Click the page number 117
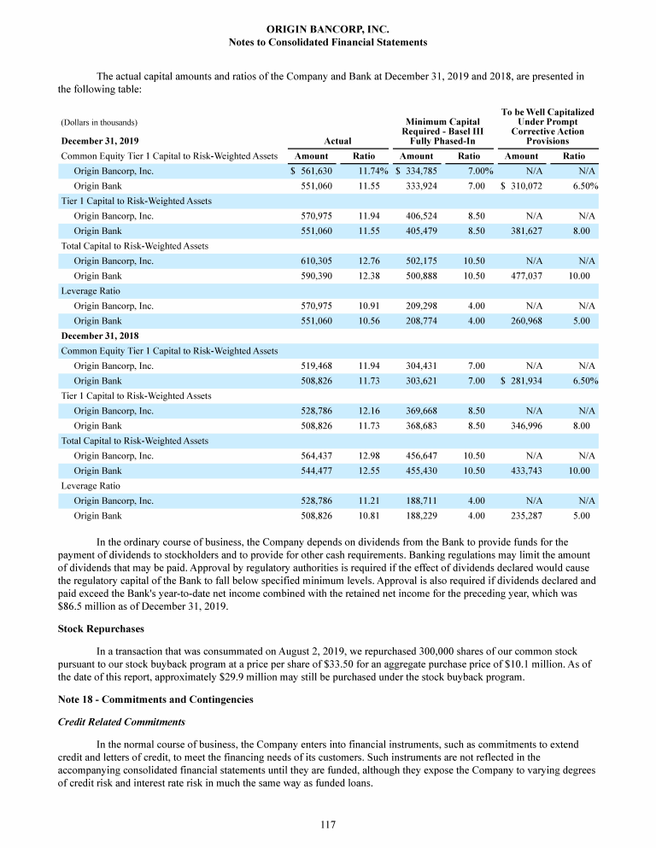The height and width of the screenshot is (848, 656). click(x=328, y=824)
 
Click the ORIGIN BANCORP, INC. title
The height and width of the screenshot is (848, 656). click(x=328, y=29)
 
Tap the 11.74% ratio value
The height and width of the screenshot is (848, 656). click(x=372, y=171)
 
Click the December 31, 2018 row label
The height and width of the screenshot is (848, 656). click(x=100, y=336)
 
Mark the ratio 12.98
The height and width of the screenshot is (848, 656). click(x=368, y=455)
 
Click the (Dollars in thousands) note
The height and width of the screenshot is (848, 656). click(x=99, y=122)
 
